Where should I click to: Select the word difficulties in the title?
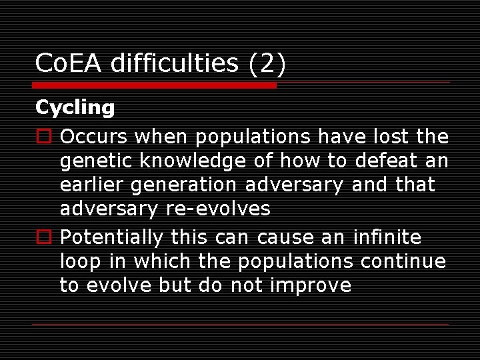pyautogui.click(x=174, y=63)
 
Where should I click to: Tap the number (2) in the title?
pyautogui.click(x=267, y=63)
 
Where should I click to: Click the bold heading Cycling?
pyautogui.click(x=75, y=107)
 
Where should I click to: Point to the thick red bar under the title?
pyautogui.click(x=155, y=85)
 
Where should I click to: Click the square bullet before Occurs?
pyautogui.click(x=42, y=137)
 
